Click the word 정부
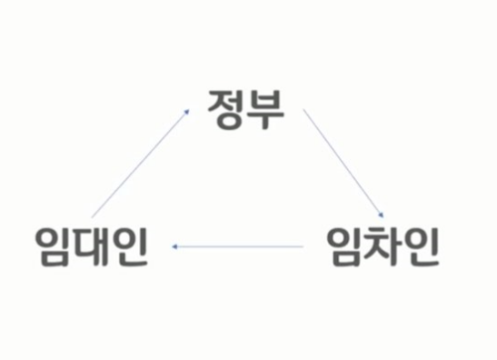coord(246,106)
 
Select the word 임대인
coord(90,245)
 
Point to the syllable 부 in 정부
coord(265,106)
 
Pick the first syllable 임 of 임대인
coord(52,245)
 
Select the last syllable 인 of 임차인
coord(421,245)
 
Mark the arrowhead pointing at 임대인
coord(175,245)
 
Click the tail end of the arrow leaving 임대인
coord(92,217)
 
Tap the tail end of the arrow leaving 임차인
coord(301,245)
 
